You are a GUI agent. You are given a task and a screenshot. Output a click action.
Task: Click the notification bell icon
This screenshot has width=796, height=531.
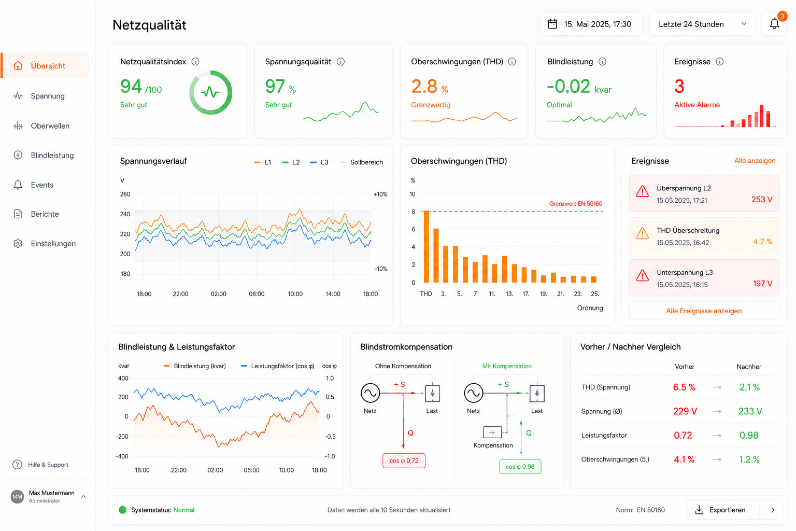pos(774,24)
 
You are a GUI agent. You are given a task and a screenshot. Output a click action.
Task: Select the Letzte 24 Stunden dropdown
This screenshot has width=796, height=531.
pos(702,24)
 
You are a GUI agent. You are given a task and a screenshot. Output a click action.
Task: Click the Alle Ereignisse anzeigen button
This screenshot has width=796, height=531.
pos(704,311)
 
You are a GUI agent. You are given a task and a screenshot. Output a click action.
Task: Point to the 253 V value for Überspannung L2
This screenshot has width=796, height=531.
pos(762,200)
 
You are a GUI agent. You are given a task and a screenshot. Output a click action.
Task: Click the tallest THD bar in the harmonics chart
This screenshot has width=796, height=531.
pos(427,246)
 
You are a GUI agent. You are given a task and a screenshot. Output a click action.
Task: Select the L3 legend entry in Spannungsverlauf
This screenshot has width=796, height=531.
pos(319,162)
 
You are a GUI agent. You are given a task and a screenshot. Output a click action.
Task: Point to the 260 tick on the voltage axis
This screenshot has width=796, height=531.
pos(125,194)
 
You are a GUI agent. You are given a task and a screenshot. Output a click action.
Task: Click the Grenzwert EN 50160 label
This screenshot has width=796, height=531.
pos(576,204)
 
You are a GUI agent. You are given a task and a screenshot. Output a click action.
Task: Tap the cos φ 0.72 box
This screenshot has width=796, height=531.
pos(404,460)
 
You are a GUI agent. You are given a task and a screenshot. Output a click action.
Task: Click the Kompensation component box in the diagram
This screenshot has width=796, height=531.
pos(492,432)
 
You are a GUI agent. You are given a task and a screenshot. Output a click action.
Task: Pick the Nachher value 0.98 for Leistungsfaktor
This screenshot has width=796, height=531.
pos(749,435)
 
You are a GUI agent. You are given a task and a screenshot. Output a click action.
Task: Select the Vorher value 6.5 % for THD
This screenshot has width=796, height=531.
pos(684,387)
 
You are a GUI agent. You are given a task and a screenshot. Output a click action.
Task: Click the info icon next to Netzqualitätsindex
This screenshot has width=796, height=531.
pos(195,62)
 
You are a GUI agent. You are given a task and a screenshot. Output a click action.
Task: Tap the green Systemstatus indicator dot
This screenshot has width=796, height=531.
pos(123,510)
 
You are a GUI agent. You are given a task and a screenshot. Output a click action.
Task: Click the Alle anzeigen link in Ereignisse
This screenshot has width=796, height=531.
pos(755,160)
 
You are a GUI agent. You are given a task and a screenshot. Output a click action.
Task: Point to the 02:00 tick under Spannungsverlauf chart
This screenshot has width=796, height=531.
pos(218,294)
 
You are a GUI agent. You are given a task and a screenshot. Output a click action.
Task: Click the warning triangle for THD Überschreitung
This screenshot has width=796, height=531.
pos(642,234)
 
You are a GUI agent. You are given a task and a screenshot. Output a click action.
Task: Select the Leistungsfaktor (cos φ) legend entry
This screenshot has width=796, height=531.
pos(277,366)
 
